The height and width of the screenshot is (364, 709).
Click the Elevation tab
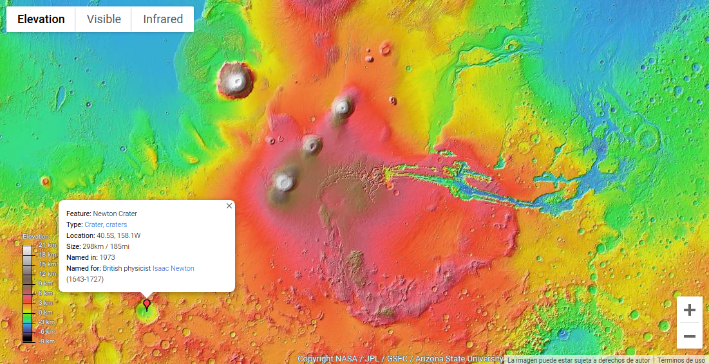click(x=41, y=19)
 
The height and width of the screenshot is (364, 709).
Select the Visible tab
click(x=104, y=19)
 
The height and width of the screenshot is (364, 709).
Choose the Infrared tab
click(x=163, y=19)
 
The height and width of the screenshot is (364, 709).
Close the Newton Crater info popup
click(x=229, y=206)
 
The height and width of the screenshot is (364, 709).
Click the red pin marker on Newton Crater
click(x=147, y=304)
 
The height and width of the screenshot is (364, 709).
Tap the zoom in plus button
click(x=690, y=310)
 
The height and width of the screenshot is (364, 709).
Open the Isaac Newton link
click(x=173, y=268)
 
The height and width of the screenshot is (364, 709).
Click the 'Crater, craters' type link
click(x=106, y=224)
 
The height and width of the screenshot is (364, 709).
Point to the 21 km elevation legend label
click(x=47, y=245)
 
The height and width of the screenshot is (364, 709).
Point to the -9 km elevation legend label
click(x=46, y=341)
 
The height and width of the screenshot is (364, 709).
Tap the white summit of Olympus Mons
click(x=236, y=80)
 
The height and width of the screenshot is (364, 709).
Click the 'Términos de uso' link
click(x=681, y=361)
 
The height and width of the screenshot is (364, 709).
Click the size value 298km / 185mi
click(x=106, y=246)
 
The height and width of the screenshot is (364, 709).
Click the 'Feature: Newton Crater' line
click(x=102, y=214)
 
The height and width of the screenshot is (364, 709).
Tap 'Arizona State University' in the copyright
click(x=459, y=359)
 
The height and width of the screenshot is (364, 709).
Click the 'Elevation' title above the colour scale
click(x=35, y=237)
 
